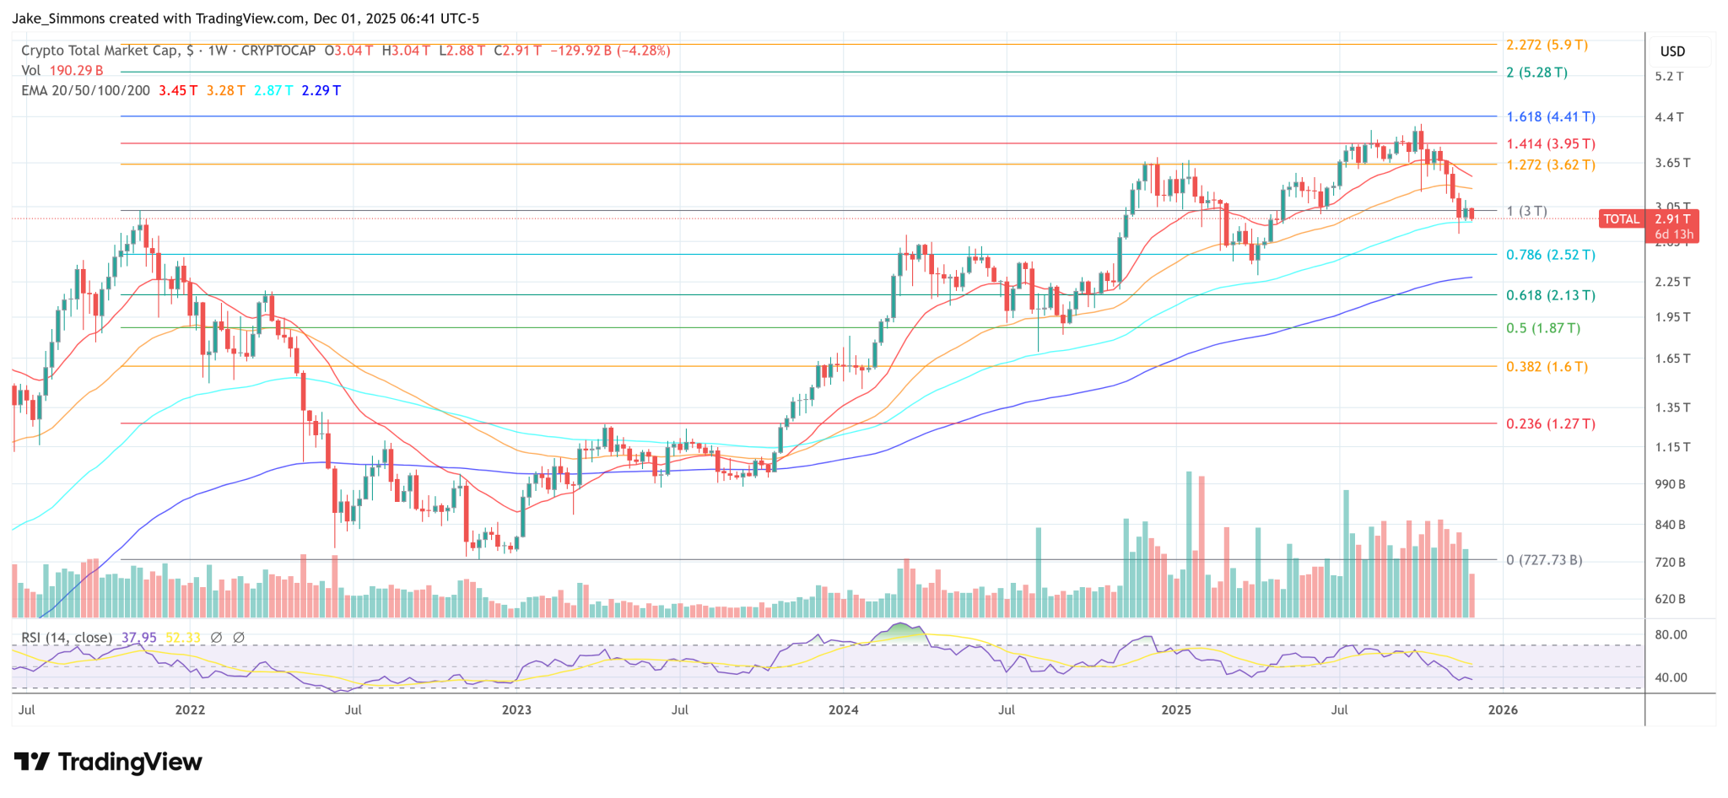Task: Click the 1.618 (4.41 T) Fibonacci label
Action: coord(1550,117)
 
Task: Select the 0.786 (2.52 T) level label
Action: coord(1550,255)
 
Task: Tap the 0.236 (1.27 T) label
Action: coord(1550,424)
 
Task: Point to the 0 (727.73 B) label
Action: coord(1543,560)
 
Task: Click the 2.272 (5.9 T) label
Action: coord(1547,46)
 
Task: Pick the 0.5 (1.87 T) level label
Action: coord(1542,328)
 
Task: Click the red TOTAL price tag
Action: coord(1621,219)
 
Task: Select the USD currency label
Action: coord(1672,51)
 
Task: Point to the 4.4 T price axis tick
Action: coord(1668,117)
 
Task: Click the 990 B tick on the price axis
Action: coord(1670,484)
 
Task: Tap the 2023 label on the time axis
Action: coord(516,709)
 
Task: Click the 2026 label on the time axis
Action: coord(1503,709)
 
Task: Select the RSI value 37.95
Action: coord(138,638)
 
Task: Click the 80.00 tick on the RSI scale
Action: coord(1671,634)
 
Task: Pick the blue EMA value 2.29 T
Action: coord(321,90)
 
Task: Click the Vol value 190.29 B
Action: coord(76,71)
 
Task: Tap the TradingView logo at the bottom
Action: coord(108,763)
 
